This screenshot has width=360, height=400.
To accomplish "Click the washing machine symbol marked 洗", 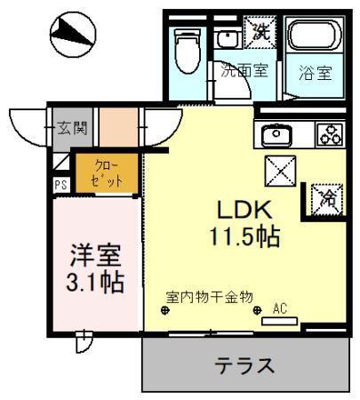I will click(260, 32).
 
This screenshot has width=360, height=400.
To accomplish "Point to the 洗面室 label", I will click(244, 72).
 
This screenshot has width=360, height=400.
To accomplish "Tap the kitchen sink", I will click(276, 135).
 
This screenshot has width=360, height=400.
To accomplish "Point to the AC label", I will click(279, 308).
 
